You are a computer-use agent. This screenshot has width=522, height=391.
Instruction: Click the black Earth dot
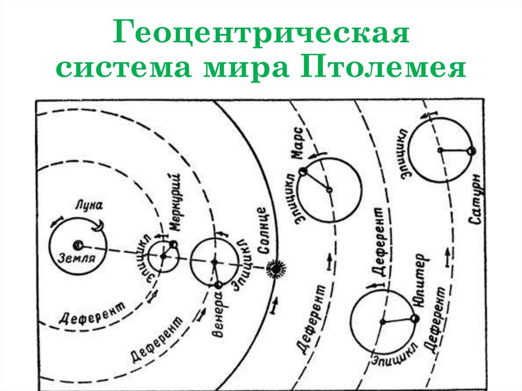77,245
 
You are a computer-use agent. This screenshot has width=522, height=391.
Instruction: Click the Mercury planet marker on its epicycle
174,245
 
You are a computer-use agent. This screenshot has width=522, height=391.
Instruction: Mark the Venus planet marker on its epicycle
219,285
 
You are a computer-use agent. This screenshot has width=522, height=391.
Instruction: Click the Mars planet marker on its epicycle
303,172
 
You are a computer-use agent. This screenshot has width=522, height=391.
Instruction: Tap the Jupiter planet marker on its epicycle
415,318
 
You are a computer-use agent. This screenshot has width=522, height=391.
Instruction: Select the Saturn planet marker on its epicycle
471,151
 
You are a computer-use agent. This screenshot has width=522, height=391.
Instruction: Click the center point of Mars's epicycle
329,190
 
